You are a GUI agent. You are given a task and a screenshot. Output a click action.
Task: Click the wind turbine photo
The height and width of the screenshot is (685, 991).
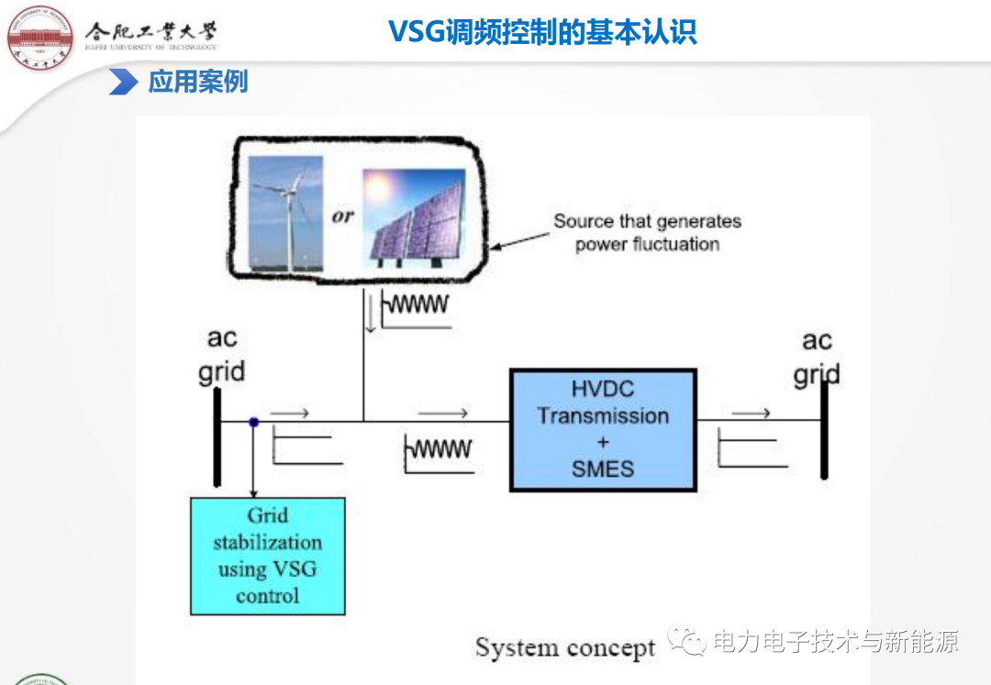286,214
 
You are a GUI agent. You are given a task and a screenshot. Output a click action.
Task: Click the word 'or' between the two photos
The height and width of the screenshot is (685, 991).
342,217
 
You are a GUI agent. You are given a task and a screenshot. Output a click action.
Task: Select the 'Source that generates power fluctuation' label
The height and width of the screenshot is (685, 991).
647,233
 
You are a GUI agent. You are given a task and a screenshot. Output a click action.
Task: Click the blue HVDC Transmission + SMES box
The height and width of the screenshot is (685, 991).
603,429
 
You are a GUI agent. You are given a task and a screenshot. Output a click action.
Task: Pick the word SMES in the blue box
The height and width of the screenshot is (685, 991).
603,470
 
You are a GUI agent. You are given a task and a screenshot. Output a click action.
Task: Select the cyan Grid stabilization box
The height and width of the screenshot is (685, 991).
268,556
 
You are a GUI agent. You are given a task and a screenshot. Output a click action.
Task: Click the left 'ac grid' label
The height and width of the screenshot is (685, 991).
222,355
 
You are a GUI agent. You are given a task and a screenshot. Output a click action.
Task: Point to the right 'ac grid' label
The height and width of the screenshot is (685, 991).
817,357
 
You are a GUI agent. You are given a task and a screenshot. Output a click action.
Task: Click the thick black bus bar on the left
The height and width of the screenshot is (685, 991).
217,436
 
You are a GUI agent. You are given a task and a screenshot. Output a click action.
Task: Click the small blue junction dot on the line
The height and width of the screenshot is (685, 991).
253,422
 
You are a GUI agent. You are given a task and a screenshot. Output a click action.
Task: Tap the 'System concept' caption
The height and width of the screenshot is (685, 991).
565,647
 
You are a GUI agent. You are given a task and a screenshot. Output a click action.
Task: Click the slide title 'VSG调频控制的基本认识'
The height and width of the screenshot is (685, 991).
542,32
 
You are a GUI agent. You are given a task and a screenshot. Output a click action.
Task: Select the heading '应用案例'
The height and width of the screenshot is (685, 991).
198,82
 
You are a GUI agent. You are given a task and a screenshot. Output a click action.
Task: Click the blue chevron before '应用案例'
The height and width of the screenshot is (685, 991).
122,82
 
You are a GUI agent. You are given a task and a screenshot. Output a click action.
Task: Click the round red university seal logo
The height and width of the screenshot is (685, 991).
39,36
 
